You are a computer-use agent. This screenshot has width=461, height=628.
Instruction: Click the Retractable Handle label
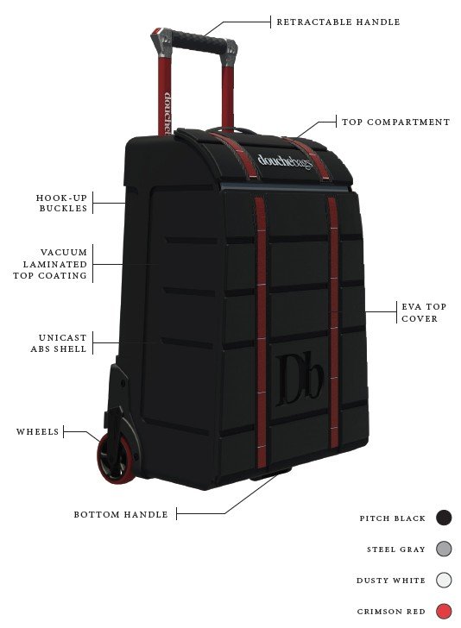[338, 22]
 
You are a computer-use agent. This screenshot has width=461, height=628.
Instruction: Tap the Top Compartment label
[395, 122]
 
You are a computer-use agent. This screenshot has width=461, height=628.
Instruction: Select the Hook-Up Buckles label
[62, 203]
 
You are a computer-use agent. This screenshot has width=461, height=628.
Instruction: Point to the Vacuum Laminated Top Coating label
[50, 264]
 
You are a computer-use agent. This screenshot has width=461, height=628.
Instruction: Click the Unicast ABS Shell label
[59, 343]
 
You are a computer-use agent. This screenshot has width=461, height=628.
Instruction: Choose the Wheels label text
[38, 431]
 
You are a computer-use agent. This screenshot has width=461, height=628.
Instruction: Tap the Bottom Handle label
[121, 515]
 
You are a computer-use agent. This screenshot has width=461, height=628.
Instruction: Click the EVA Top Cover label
[424, 312]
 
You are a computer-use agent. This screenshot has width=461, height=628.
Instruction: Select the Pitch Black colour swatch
[444, 518]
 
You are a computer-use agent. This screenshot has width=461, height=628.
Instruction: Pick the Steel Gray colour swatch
[444, 549]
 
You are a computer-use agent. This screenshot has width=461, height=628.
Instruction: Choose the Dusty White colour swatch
[444, 580]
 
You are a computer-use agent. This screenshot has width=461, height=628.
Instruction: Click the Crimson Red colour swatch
[444, 611]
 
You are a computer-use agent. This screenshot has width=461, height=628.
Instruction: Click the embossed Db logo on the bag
[300, 380]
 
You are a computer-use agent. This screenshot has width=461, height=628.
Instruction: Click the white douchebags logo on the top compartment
[285, 162]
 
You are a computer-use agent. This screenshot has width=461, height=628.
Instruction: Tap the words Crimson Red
[391, 612]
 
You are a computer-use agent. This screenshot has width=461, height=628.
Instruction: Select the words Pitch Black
[393, 518]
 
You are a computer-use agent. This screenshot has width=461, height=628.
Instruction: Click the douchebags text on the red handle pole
[168, 113]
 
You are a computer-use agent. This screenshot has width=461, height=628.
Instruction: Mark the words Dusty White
[391, 581]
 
